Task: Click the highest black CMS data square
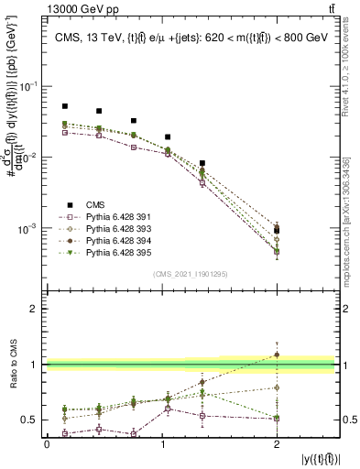coord(64,106)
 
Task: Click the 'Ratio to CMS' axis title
coord(12,365)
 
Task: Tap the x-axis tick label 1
coord(162,444)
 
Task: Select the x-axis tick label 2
coord(277,444)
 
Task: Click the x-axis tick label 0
coord(47,444)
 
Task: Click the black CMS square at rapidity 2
coord(277,230)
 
